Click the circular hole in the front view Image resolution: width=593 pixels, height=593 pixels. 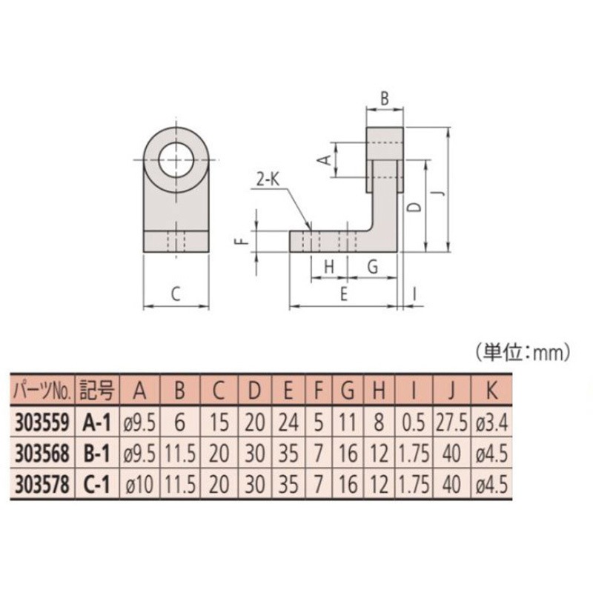click(x=176, y=159)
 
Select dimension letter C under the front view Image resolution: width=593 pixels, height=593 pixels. click(x=175, y=294)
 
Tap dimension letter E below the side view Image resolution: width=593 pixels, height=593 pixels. click(x=342, y=294)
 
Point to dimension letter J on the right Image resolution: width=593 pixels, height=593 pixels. click(x=439, y=191)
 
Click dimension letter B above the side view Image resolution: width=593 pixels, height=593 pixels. click(x=384, y=97)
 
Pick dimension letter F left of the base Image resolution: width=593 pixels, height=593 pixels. click(x=239, y=242)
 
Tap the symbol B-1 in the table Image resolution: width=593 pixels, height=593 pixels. click(x=96, y=454)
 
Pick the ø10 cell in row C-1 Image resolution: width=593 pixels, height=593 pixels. click(x=137, y=486)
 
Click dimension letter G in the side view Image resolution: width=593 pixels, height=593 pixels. click(x=372, y=265)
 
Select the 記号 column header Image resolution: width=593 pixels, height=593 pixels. click(x=96, y=390)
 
